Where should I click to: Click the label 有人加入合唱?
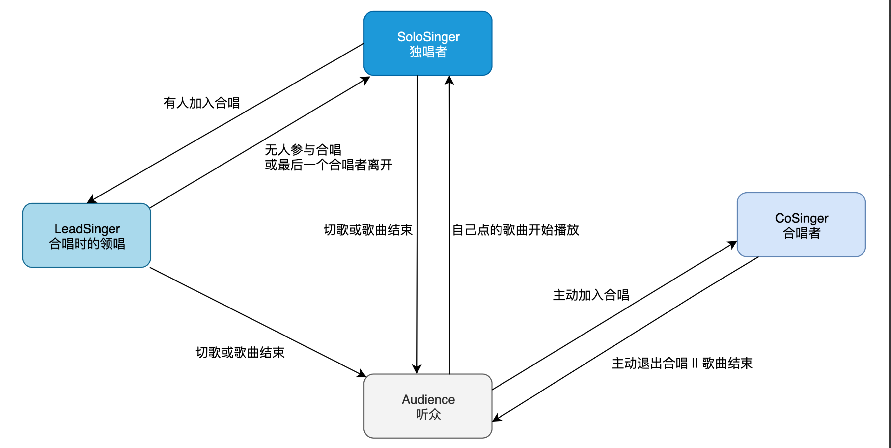pos(202,103)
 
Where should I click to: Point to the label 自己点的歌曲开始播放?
pos(515,230)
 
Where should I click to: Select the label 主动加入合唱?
pos(591,295)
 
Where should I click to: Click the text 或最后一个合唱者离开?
pos(329,165)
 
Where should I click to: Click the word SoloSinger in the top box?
pos(428,37)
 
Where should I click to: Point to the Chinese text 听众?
pos(428,414)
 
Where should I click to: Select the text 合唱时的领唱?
pos(87,244)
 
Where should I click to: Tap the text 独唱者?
pos(428,52)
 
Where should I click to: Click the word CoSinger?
pos(801,218)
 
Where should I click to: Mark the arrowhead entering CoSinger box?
pos(733,244)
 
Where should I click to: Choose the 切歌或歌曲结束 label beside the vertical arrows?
pos(368,230)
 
